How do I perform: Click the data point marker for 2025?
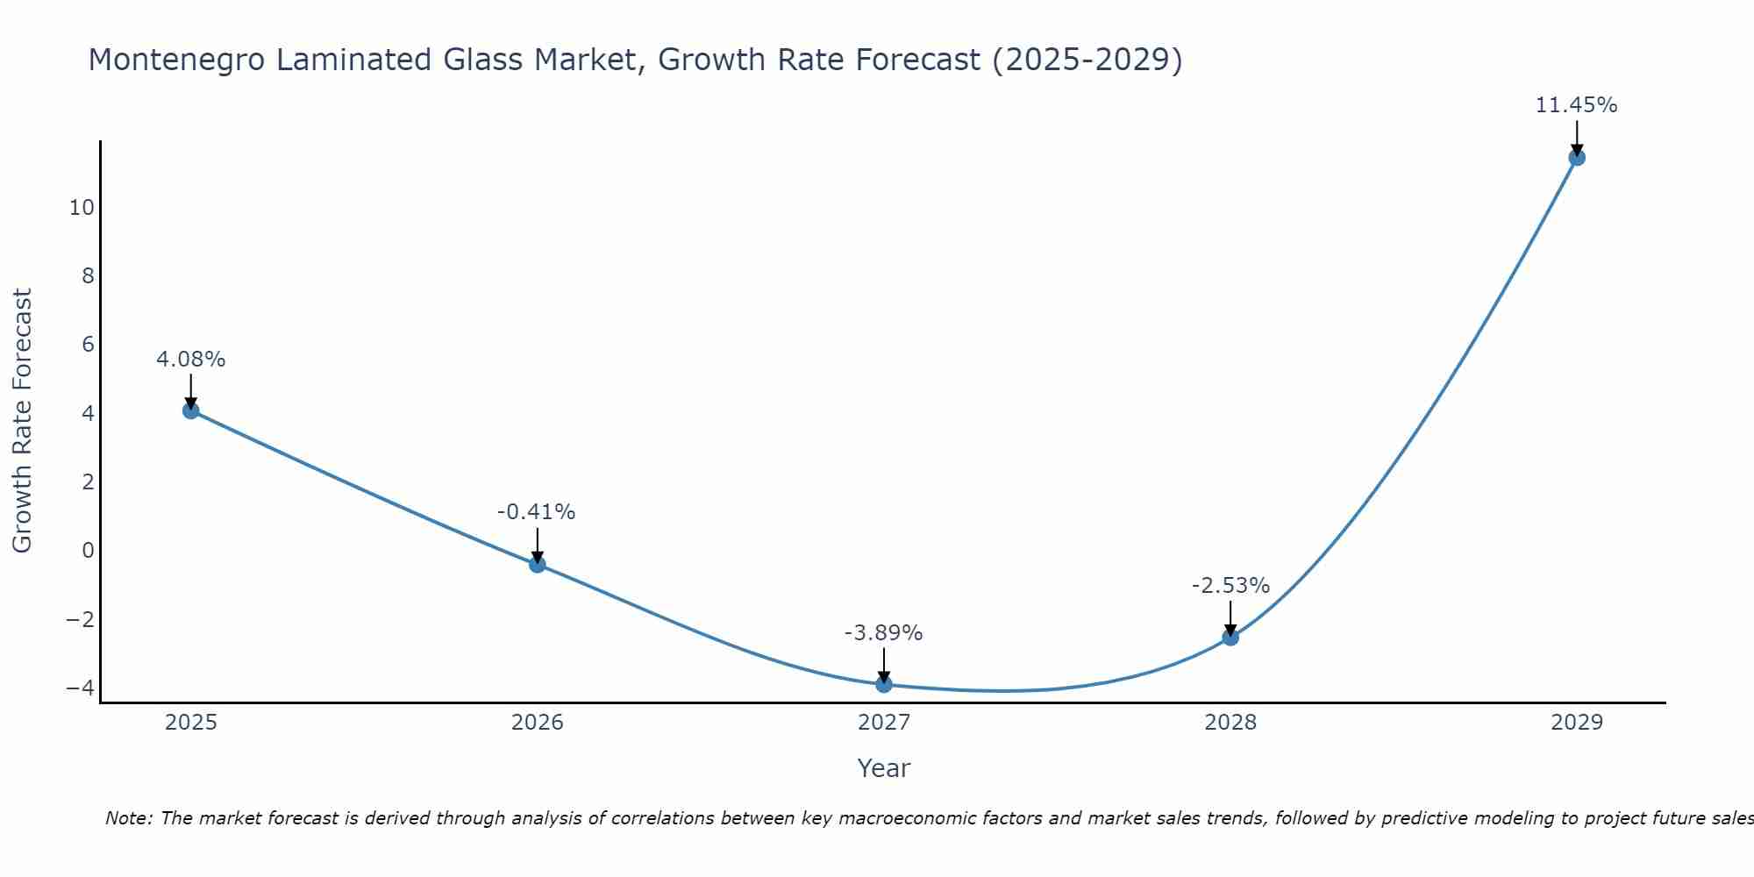click(x=191, y=410)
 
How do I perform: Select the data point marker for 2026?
click(x=538, y=564)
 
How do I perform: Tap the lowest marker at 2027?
click(x=884, y=684)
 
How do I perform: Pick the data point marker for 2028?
click(x=1230, y=638)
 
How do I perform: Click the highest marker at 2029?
click(x=1577, y=158)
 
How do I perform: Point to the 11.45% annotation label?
click(x=1576, y=105)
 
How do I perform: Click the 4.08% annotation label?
click(x=191, y=360)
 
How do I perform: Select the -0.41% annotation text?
click(x=537, y=512)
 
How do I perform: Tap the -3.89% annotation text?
click(x=883, y=633)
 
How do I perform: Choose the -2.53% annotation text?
click(x=1230, y=586)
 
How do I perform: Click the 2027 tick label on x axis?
click(x=884, y=724)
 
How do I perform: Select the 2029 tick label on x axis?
click(x=1577, y=724)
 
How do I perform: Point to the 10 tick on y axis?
click(x=82, y=208)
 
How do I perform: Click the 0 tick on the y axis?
click(x=88, y=551)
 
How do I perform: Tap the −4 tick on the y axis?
click(x=81, y=688)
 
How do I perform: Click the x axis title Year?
click(x=884, y=768)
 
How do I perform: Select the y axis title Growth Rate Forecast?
click(x=22, y=421)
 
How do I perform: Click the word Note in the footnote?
click(x=128, y=818)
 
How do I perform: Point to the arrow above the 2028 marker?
click(x=1230, y=617)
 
